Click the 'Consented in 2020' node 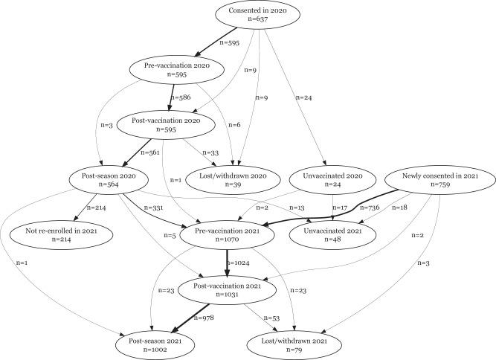pos(257,17)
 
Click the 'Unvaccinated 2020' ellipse pos(332,181)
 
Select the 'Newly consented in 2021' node pos(440,181)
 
